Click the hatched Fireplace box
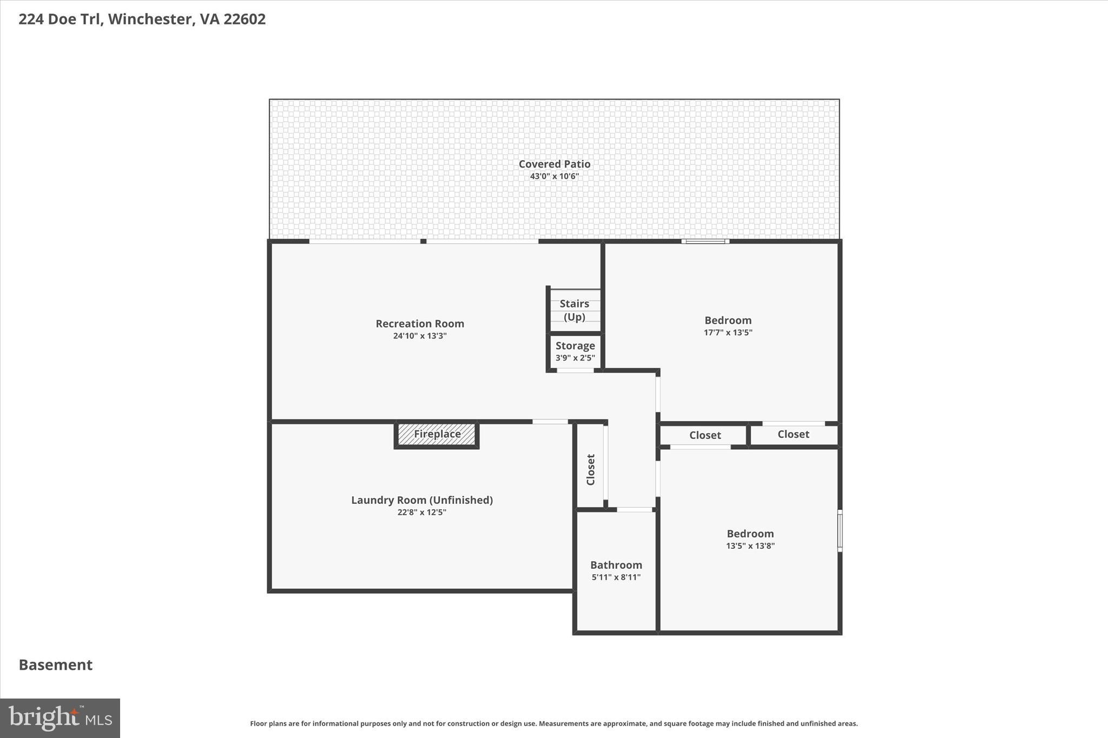437,434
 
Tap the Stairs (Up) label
575,310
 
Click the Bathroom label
616,565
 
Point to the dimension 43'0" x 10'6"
554,176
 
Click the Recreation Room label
420,323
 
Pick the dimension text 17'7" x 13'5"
728,333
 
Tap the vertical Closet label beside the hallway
591,469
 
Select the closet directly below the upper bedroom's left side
704,435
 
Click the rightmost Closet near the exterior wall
793,434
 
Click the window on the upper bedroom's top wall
705,241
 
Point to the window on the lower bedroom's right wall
840,530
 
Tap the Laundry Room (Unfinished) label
422,500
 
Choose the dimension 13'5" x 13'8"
750,546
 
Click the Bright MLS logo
60,718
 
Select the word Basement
56,665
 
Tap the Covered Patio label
554,164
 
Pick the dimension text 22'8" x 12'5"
421,513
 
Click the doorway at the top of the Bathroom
635,509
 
